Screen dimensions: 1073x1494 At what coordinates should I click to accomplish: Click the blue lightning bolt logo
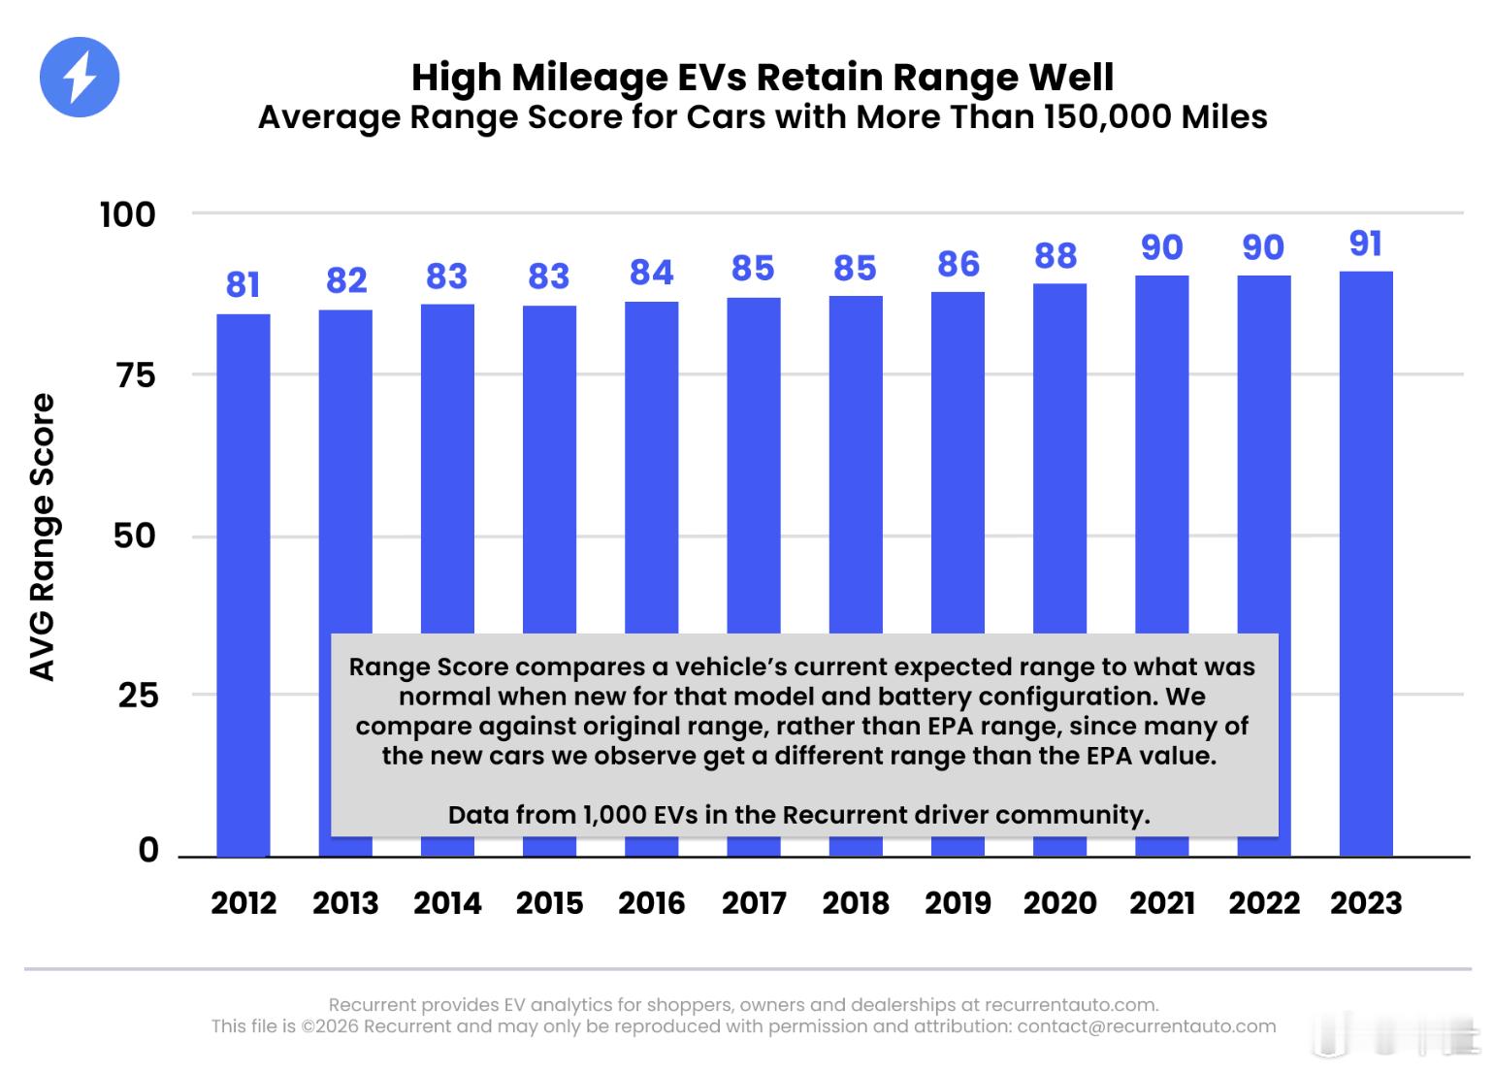coord(80,78)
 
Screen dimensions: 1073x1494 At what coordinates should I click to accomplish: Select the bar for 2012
coord(244,582)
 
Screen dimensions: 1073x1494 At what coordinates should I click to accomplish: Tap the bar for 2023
coord(1366,563)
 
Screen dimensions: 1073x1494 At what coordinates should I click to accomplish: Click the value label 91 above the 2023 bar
coord(1366,244)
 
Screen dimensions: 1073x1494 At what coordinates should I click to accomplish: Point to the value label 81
coord(244,285)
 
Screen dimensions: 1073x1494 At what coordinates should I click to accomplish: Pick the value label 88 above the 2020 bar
coord(1056,256)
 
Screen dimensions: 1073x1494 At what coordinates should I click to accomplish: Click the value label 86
coord(958,264)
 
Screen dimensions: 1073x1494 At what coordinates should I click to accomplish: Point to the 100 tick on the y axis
coord(128,214)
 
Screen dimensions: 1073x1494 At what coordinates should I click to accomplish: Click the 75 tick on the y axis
coord(136,375)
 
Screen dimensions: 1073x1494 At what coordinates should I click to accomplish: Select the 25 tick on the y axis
coord(138,696)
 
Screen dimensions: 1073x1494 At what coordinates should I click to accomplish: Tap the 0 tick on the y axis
coord(148,850)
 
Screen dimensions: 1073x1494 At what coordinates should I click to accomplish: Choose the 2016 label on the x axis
coord(652,903)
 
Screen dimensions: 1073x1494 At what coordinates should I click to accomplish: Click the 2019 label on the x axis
coord(958,903)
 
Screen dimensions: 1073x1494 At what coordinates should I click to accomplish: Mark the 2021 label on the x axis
coord(1162,903)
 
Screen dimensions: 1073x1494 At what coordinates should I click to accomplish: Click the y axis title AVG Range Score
coord(43,536)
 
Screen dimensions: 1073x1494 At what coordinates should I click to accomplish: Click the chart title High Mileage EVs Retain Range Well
coord(763,77)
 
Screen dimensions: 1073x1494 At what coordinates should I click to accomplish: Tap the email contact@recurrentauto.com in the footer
coord(1147,1026)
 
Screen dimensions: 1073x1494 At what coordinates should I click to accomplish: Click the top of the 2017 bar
coord(754,300)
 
